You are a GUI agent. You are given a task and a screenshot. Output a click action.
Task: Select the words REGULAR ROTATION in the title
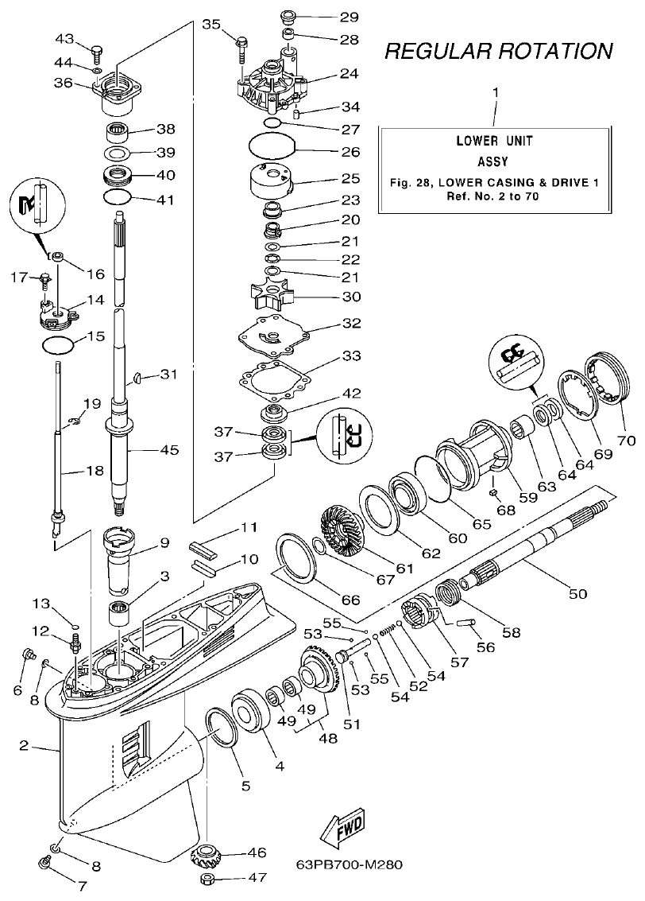[x=498, y=52]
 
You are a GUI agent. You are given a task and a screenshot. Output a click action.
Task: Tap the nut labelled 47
[x=209, y=880]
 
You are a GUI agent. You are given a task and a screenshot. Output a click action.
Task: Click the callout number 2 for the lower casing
[x=24, y=746]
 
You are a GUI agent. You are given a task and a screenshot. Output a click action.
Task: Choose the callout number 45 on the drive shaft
[x=169, y=450]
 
